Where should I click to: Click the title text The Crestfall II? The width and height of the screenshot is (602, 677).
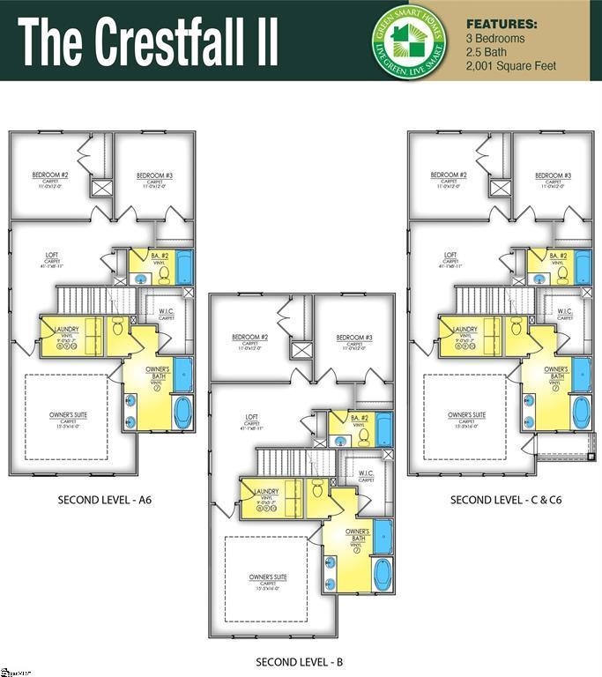148,41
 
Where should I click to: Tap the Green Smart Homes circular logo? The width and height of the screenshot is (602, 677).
410,40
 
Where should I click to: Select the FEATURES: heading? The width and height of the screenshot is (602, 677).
500,24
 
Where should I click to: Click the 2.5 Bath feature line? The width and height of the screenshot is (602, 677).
487,52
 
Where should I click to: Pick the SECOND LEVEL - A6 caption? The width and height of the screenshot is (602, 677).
105,500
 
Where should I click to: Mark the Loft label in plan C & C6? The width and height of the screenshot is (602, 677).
450,256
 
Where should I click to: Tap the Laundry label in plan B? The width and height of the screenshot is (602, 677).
266,491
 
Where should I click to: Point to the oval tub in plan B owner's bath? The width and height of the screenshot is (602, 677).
382,574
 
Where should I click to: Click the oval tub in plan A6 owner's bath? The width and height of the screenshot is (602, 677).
182,412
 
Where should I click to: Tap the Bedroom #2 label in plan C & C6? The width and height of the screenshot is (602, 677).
449,175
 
